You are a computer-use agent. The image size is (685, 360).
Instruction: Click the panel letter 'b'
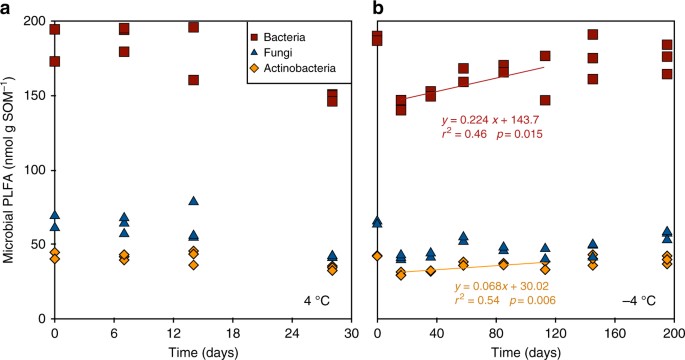click(x=377, y=9)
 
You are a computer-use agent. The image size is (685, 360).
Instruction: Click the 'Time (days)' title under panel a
click(x=203, y=350)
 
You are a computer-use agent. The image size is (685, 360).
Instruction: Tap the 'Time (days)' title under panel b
click(x=526, y=350)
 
